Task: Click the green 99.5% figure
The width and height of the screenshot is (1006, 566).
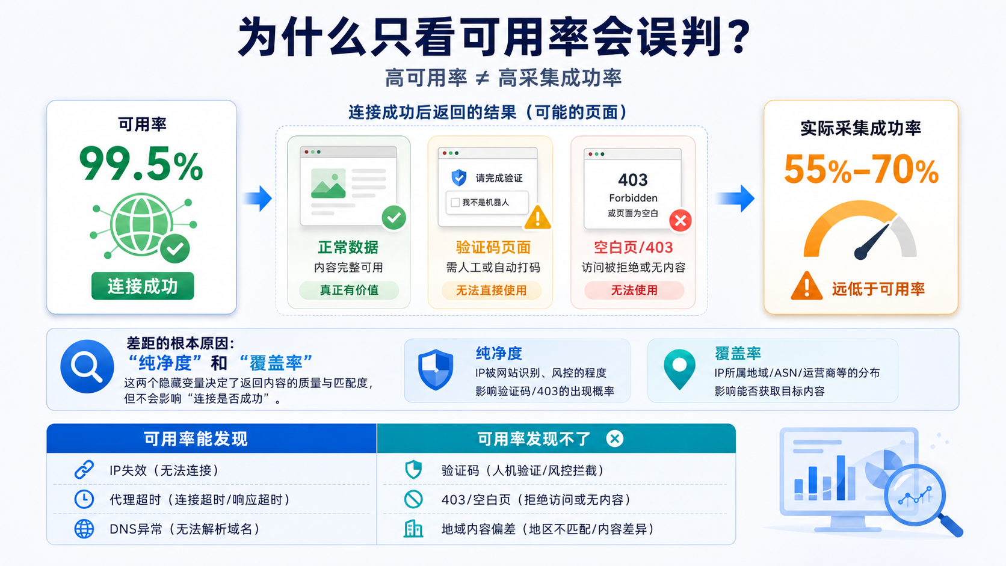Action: pyautogui.click(x=141, y=164)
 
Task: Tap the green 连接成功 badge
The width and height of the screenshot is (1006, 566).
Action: pyautogui.click(x=143, y=286)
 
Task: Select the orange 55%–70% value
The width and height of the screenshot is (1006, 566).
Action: pyautogui.click(x=861, y=170)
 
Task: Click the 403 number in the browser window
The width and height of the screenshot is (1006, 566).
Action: pyautogui.click(x=633, y=180)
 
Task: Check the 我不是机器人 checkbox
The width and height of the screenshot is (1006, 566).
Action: pyautogui.click(x=455, y=203)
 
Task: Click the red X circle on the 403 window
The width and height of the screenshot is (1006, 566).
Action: pyautogui.click(x=680, y=220)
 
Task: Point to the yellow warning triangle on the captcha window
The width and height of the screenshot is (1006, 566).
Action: pyautogui.click(x=537, y=218)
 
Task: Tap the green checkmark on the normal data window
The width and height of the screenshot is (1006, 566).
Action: pyautogui.click(x=394, y=218)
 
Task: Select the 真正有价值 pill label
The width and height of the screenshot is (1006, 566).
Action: pyautogui.click(x=349, y=291)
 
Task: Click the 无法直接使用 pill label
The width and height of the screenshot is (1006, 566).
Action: pyautogui.click(x=492, y=291)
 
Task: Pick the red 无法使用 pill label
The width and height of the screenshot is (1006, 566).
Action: pyautogui.click(x=634, y=291)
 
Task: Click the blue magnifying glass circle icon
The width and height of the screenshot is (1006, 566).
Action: pyautogui.click(x=87, y=367)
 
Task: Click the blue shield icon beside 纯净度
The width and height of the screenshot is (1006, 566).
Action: pyautogui.click(x=435, y=369)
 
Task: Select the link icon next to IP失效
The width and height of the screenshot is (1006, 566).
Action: pyautogui.click(x=84, y=470)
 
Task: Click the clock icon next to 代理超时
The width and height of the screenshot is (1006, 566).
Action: pyautogui.click(x=84, y=500)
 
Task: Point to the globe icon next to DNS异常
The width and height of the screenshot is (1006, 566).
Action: pyautogui.click(x=84, y=529)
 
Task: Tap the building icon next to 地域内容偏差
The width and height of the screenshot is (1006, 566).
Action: pyautogui.click(x=413, y=529)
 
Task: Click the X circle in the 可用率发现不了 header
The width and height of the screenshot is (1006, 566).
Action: pyautogui.click(x=615, y=438)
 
